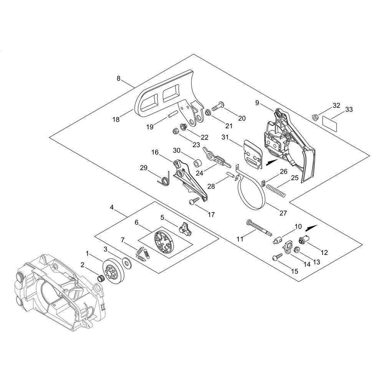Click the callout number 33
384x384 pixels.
pos(349,109)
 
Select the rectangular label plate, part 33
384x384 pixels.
pos(329,122)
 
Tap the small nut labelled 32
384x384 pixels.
pos(315,117)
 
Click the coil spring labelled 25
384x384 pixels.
pos(275,190)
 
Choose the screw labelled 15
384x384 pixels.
pos(277,257)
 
